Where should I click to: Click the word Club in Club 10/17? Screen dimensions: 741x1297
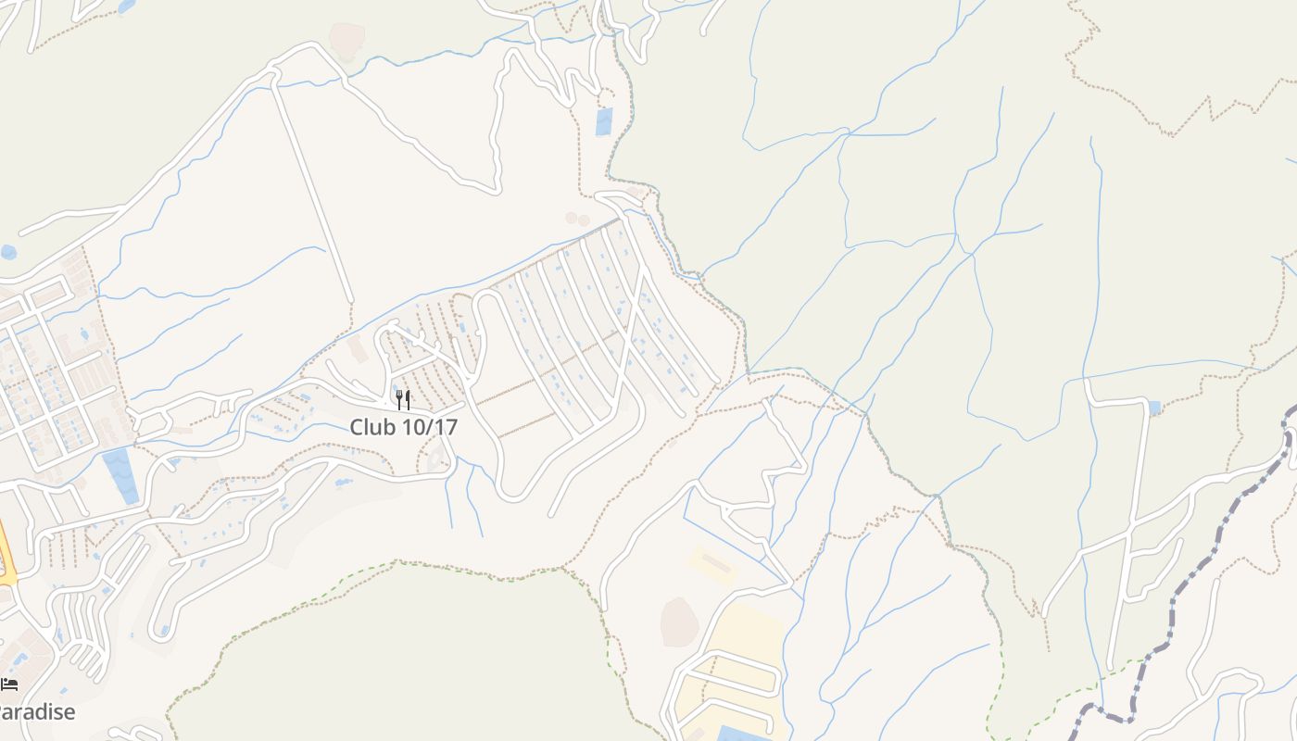(x=371, y=428)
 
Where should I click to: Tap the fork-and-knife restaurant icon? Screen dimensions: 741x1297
(x=403, y=400)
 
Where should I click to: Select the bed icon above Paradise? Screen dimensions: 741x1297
(x=9, y=684)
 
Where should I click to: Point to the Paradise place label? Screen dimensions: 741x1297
(x=37, y=712)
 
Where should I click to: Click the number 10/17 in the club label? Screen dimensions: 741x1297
(x=428, y=428)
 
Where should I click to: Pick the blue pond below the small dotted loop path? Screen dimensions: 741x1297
(x=604, y=121)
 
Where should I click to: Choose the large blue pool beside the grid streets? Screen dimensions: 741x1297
(x=120, y=474)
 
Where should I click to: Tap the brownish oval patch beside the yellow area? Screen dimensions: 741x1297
(x=679, y=622)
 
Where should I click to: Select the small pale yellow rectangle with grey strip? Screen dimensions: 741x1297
(x=711, y=562)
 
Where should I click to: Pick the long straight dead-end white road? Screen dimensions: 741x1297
(x=313, y=195)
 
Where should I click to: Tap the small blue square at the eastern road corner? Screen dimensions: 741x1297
(x=1153, y=408)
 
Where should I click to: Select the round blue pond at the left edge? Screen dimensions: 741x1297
(x=8, y=252)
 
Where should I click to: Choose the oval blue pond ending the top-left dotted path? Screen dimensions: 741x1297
(x=126, y=6)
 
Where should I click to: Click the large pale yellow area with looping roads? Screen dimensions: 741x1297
(x=741, y=648)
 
